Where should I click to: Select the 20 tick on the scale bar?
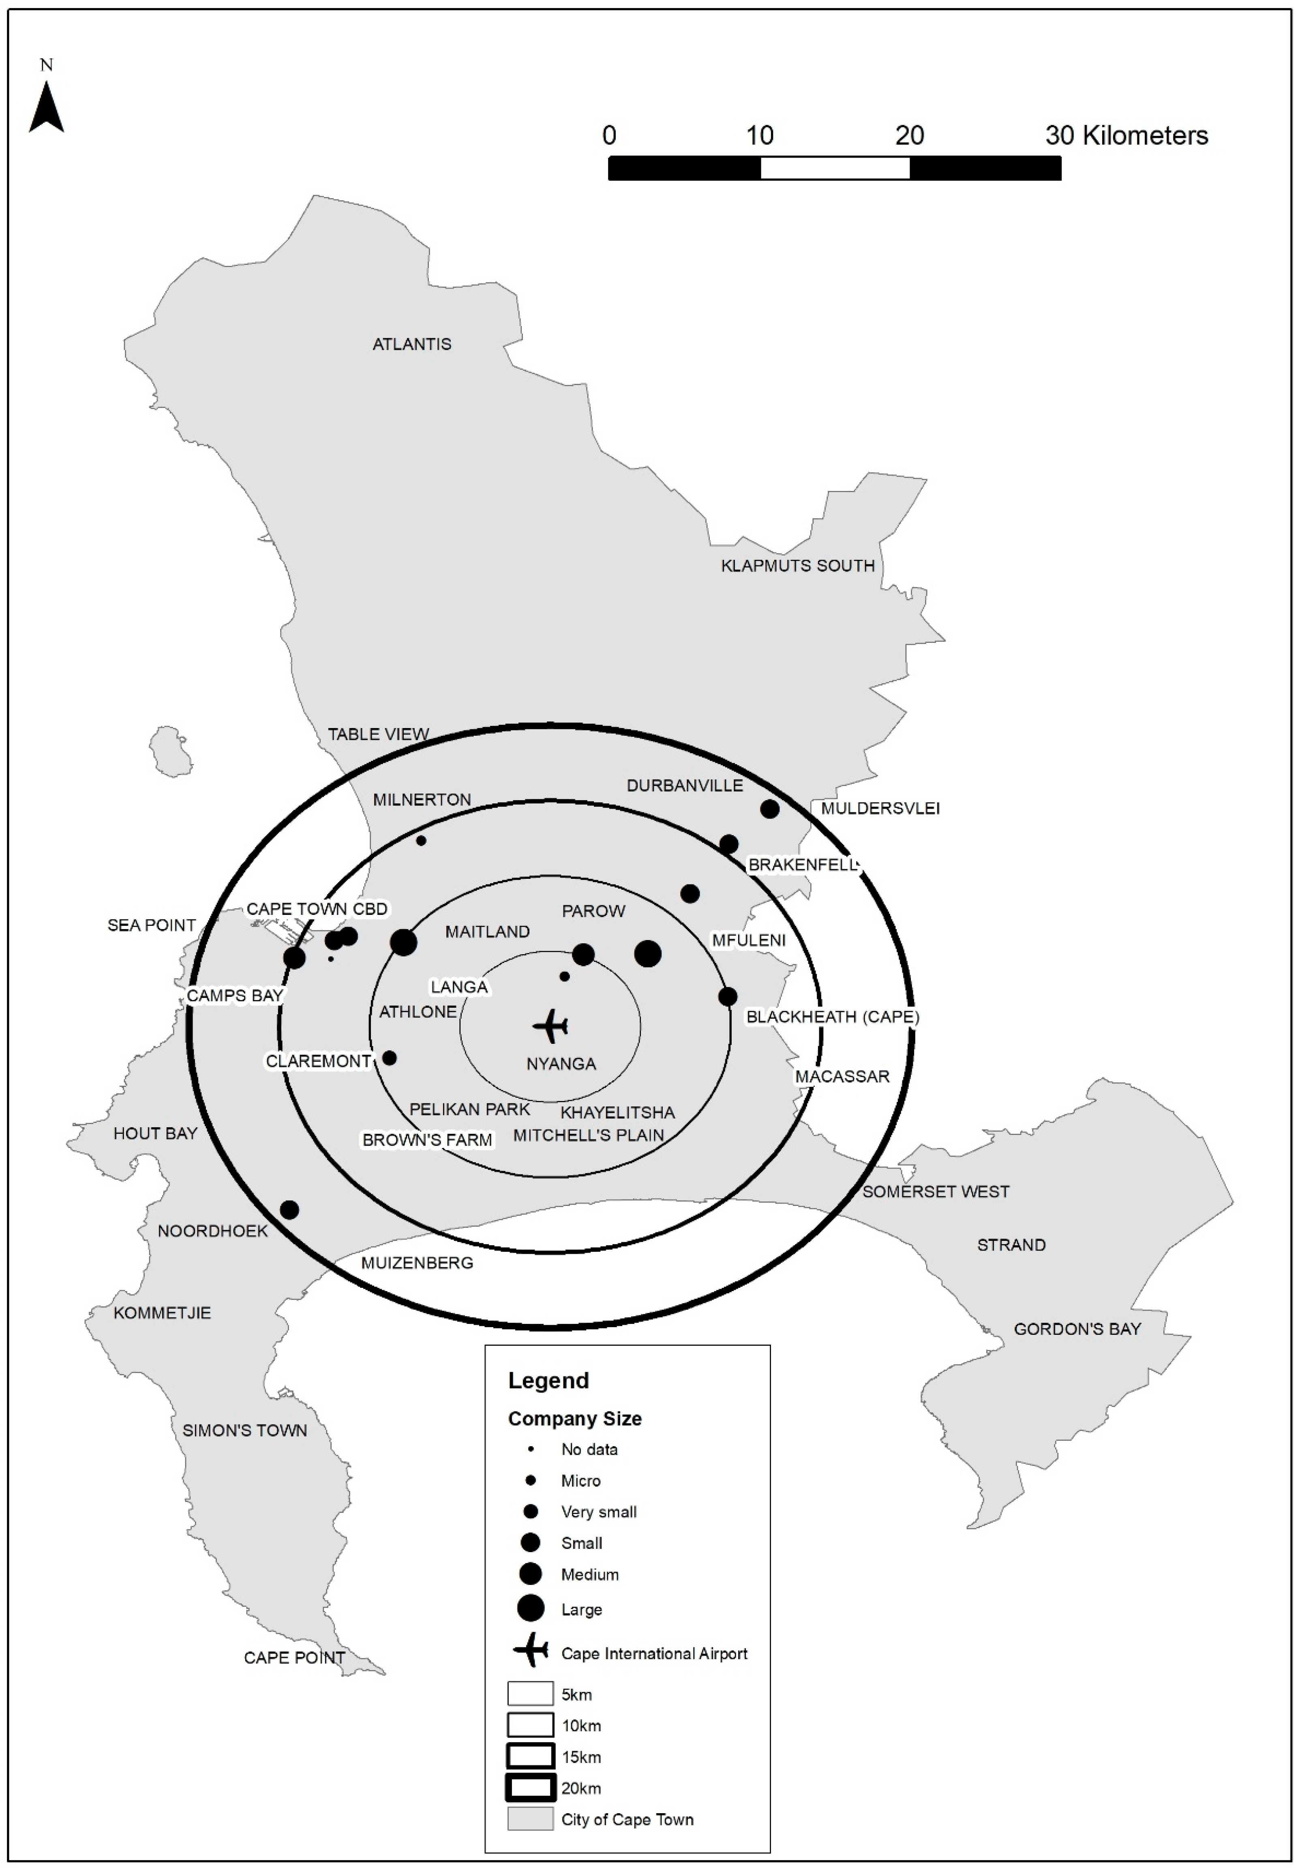tap(910, 135)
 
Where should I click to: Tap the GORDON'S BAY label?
tap(1077, 1329)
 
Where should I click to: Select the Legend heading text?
tap(548, 1380)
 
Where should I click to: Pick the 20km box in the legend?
tap(531, 1788)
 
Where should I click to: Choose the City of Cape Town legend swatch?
tap(531, 1819)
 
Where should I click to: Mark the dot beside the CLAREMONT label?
tap(389, 1058)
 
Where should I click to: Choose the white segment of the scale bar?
tap(835, 168)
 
